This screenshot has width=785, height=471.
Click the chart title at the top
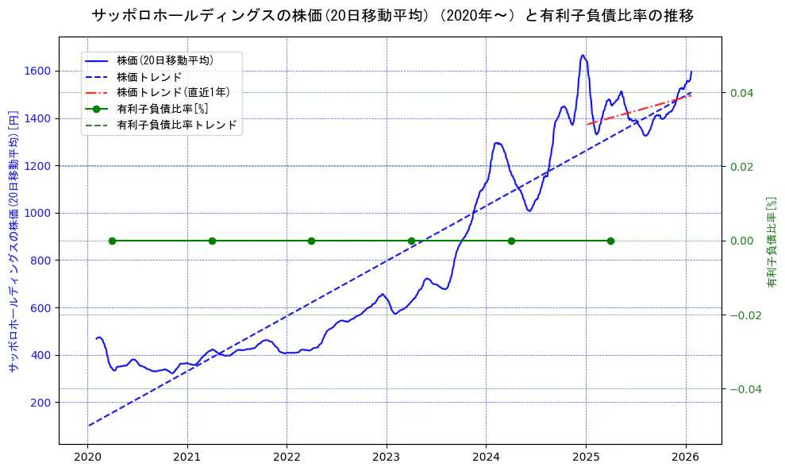[x=392, y=15]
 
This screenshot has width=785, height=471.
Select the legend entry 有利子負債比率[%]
[x=162, y=109]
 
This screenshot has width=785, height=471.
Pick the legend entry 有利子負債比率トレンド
[x=176, y=125]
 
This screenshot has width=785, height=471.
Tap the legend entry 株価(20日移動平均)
[x=164, y=60]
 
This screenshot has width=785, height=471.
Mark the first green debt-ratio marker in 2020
[x=112, y=241]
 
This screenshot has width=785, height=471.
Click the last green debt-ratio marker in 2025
[x=610, y=241]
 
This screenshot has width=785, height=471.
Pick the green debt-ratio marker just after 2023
[x=411, y=241]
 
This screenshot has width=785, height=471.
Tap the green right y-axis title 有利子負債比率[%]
[x=771, y=242]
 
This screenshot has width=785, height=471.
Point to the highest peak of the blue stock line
[x=583, y=56]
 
